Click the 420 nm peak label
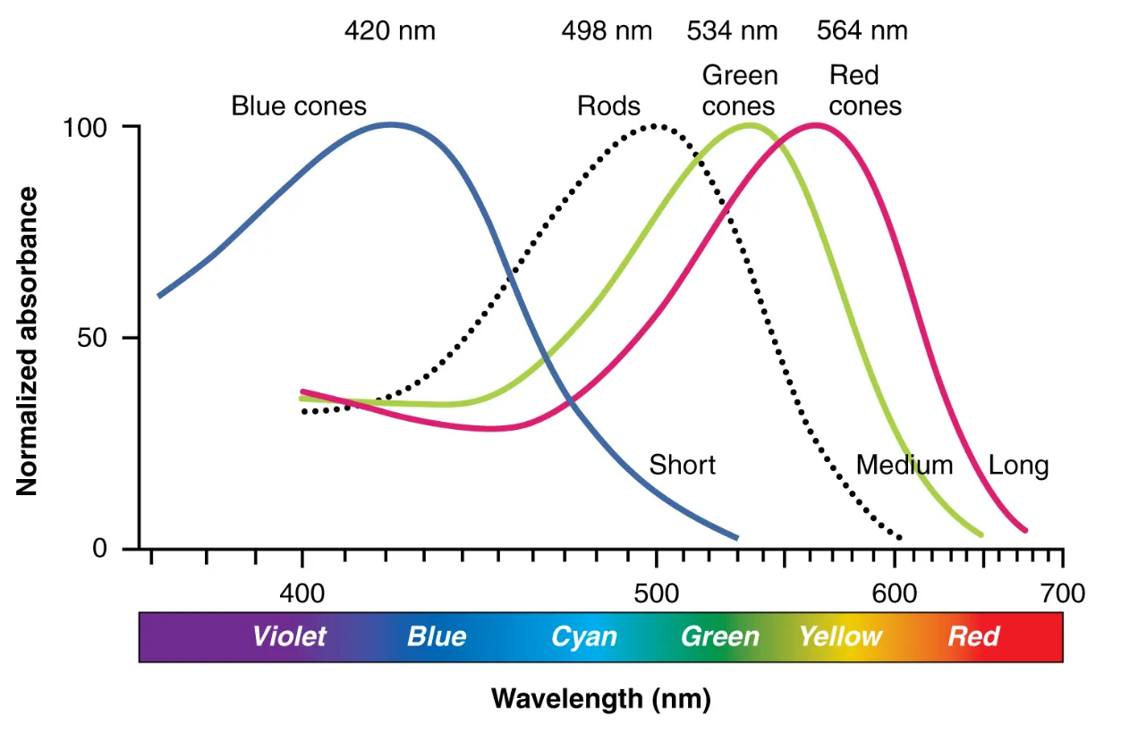390,31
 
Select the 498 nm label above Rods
607,31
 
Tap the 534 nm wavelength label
732,31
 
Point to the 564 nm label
862,31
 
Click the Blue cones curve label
299,106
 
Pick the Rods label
608,106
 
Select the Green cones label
739,91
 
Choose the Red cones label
864,91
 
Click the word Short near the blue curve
682,465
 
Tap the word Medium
904,465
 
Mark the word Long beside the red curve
1018,466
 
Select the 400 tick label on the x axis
302,593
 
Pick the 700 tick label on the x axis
1063,593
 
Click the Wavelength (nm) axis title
601,698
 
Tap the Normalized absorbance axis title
28,341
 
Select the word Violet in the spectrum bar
289,636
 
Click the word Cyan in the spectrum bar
583,636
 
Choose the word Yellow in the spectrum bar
840,636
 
